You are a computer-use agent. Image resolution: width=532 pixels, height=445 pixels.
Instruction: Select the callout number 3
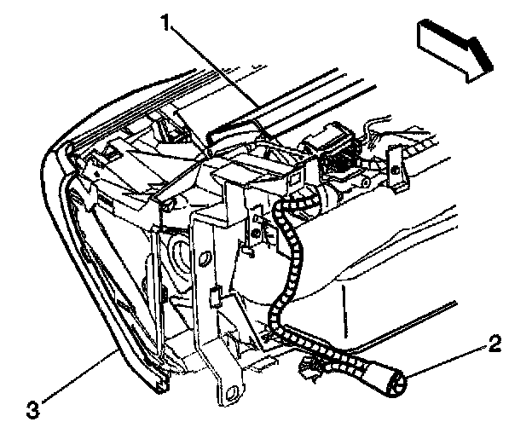click(x=32, y=408)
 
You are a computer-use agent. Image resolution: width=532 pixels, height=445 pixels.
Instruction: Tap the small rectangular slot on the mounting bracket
click(x=214, y=298)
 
